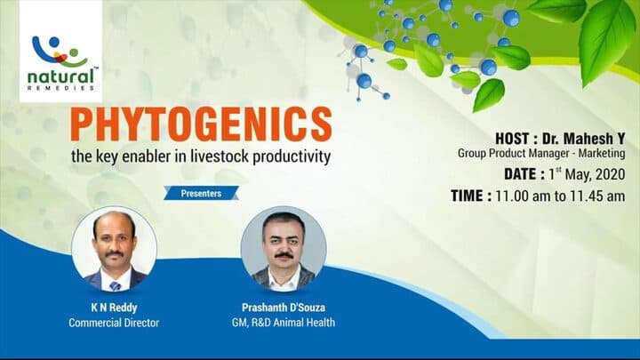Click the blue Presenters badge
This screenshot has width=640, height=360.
point(201,192)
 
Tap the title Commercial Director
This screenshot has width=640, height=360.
point(114,323)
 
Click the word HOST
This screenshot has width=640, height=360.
point(517,138)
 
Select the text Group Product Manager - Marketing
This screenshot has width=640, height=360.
point(542,154)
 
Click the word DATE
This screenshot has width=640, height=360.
point(518,174)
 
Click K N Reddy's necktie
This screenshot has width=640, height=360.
point(115,284)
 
